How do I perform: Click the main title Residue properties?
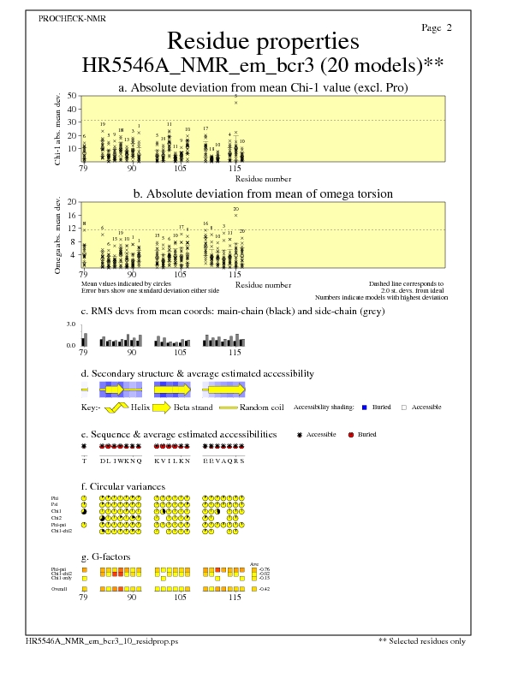point(262,41)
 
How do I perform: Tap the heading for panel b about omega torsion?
point(262,193)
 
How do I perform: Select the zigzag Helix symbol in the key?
point(121,407)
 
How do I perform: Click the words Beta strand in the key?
point(193,407)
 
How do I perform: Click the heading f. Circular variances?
point(122,486)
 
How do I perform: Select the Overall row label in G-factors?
point(59,589)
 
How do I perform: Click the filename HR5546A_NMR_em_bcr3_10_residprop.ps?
point(101,640)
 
